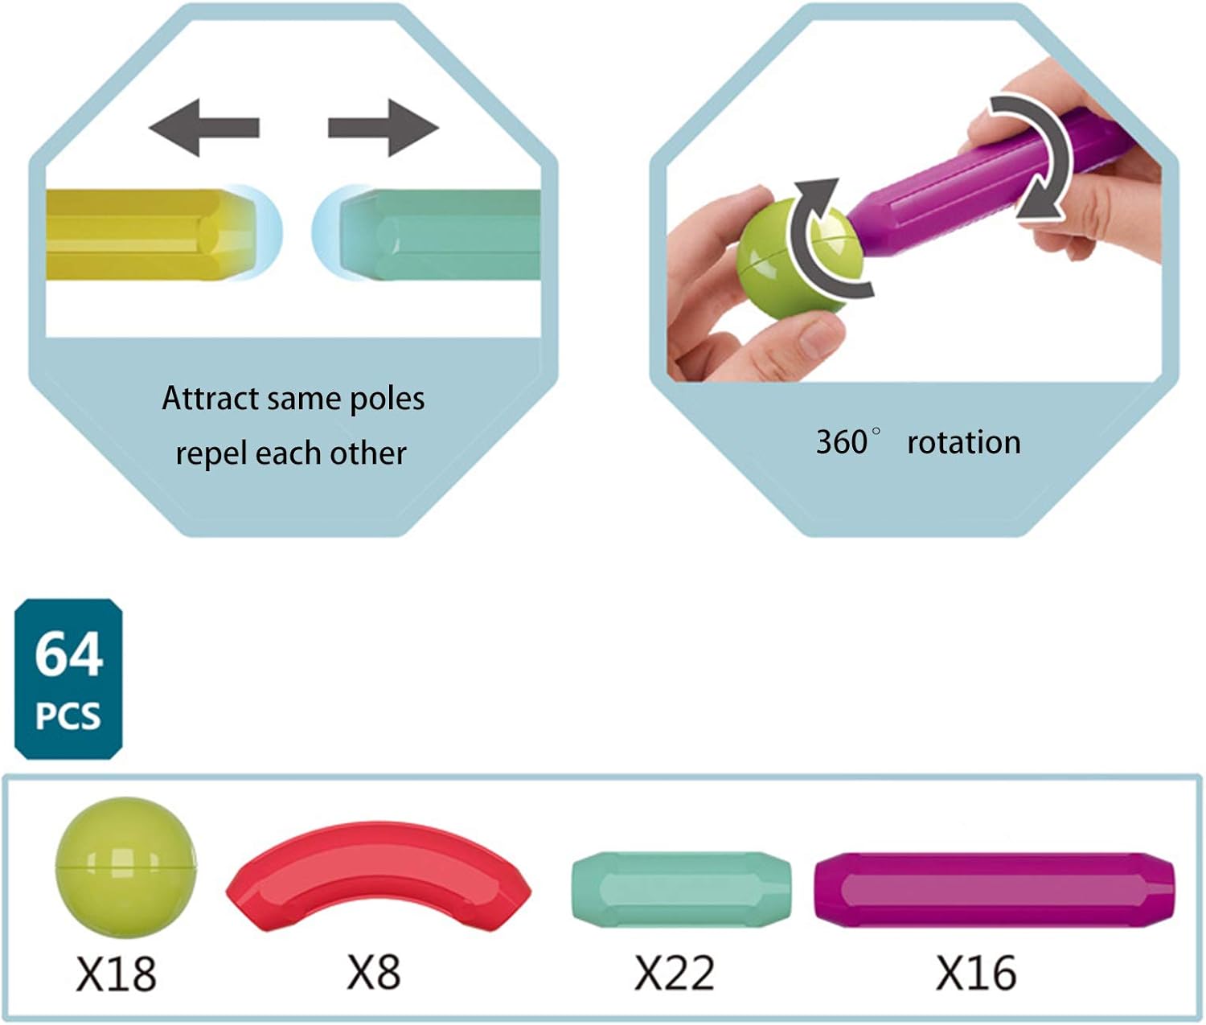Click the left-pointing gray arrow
[x=203, y=128]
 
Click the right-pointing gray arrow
[x=384, y=128]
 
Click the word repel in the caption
[x=211, y=454]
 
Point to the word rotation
[x=964, y=442]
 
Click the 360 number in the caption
[x=841, y=442]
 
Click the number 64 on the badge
[x=69, y=654]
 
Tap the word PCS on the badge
[x=68, y=715]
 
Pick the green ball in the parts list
[x=126, y=867]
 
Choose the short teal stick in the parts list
[x=681, y=890]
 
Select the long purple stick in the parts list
[x=995, y=890]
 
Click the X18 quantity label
[x=116, y=973]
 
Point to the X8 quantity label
[x=373, y=972]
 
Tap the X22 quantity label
[x=675, y=973]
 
